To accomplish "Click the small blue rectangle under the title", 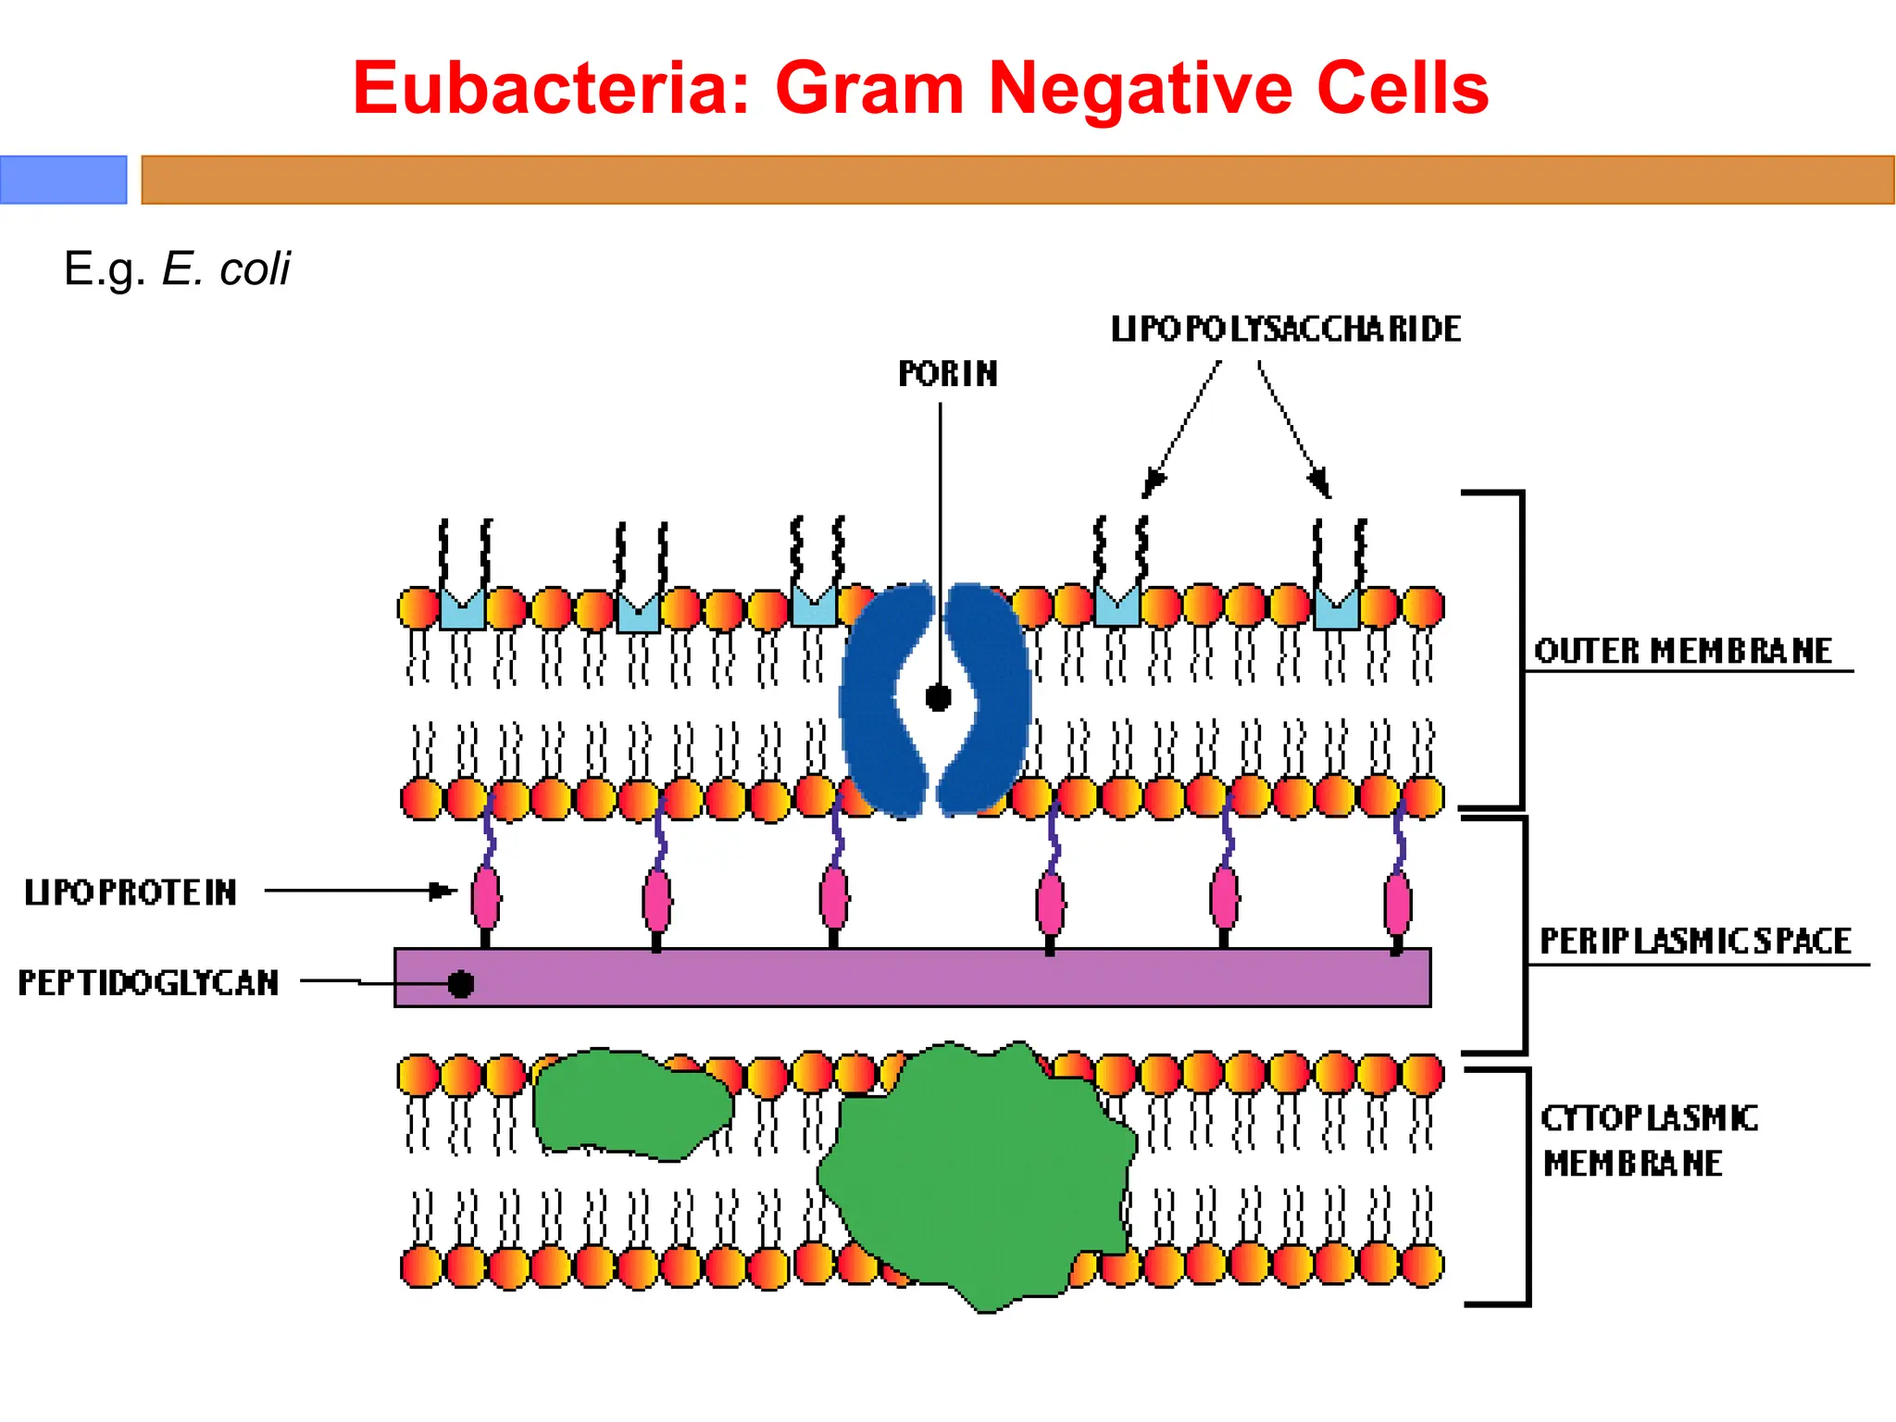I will click(x=63, y=180).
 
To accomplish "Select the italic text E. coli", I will click(x=226, y=269).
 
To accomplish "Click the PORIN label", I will click(x=948, y=374).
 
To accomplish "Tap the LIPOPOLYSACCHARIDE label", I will click(x=1286, y=330).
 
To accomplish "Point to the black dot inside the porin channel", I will click(x=939, y=697).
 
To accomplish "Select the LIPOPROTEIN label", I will click(x=131, y=892).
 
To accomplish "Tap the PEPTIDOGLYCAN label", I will click(x=148, y=982).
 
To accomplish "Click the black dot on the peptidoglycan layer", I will click(x=461, y=984).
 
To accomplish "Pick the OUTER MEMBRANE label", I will click(x=1683, y=651).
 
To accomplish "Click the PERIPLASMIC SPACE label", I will click(x=1695, y=942).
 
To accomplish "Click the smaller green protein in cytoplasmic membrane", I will click(x=630, y=1104).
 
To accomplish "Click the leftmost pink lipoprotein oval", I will click(x=486, y=897).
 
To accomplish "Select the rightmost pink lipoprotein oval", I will click(x=1398, y=903).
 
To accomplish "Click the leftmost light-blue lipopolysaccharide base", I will click(x=462, y=611).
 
